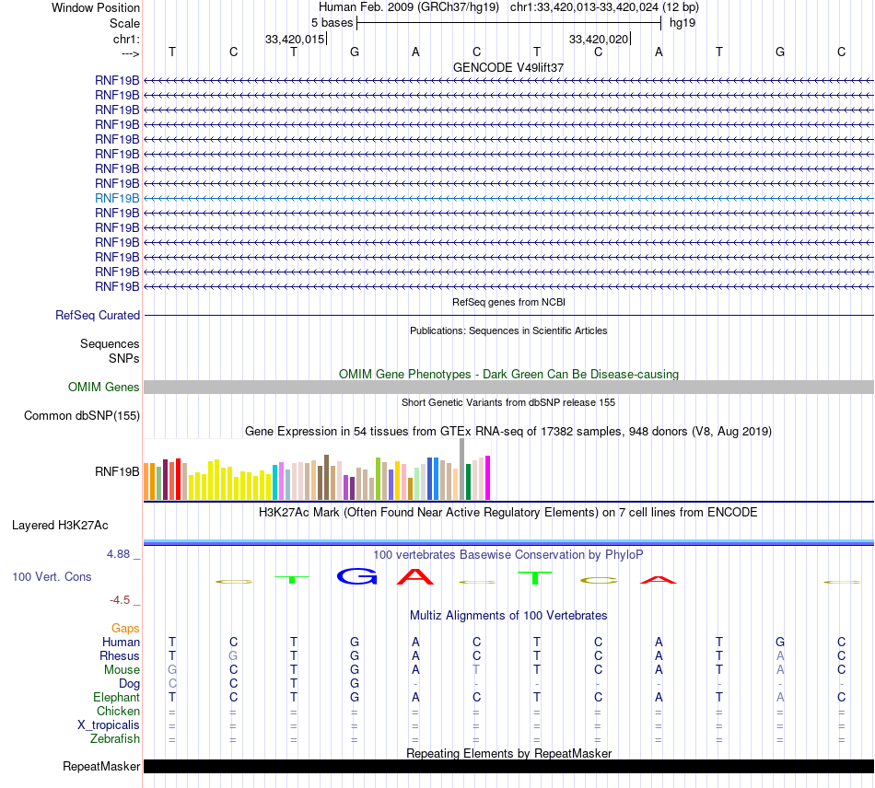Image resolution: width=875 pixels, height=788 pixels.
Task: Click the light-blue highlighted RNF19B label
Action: pyautogui.click(x=117, y=198)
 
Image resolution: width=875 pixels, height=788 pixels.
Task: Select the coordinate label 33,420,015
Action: pyautogui.click(x=295, y=40)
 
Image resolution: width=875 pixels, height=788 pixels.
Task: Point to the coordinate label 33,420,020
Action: pyautogui.click(x=599, y=40)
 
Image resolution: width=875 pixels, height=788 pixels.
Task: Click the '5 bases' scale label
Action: pyautogui.click(x=332, y=22)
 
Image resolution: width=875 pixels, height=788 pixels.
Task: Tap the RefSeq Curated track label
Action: pyautogui.click(x=98, y=315)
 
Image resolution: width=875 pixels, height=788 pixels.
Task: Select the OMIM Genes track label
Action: pyautogui.click(x=104, y=388)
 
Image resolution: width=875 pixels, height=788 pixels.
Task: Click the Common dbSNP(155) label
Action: pyautogui.click(x=82, y=416)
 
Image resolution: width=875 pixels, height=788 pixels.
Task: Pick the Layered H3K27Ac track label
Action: pyautogui.click(x=60, y=526)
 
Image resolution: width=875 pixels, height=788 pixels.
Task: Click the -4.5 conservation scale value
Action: pyautogui.click(x=121, y=600)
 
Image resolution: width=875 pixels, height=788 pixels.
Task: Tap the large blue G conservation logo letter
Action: pyautogui.click(x=356, y=576)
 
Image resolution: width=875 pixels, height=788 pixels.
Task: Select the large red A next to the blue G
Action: pyautogui.click(x=415, y=577)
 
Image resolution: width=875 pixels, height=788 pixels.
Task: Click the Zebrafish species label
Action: pyautogui.click(x=115, y=738)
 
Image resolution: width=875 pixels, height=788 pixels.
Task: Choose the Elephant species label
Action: pyautogui.click(x=116, y=698)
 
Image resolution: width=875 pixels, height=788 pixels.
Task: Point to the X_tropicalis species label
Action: pyautogui.click(x=109, y=724)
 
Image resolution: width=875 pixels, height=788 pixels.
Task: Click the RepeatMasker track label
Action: pyautogui.click(x=101, y=767)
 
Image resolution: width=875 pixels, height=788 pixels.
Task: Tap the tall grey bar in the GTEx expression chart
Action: pyautogui.click(x=461, y=469)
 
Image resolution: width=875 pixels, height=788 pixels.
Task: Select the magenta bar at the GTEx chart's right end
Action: pyautogui.click(x=487, y=478)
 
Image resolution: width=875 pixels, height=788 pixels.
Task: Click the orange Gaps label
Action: pyautogui.click(x=125, y=628)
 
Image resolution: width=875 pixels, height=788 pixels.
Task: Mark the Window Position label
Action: pyautogui.click(x=96, y=8)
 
